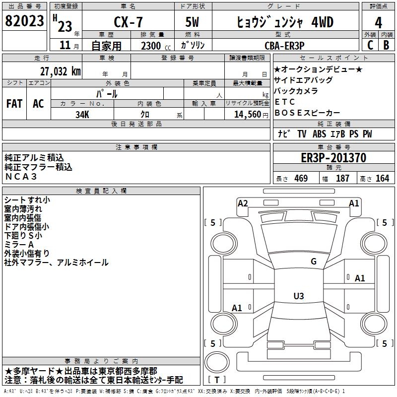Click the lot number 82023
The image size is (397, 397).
[x=24, y=21]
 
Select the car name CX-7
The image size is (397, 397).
[x=128, y=22]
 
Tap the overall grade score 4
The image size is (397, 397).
[x=378, y=23]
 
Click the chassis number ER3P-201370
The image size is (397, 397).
[x=333, y=158]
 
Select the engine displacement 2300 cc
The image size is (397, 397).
[x=151, y=46]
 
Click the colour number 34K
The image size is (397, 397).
[x=82, y=114]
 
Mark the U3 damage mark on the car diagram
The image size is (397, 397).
[x=298, y=296]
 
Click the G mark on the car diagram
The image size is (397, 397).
[x=313, y=262]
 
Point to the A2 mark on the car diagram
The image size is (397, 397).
[x=243, y=203]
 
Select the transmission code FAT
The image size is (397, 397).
[x=14, y=103]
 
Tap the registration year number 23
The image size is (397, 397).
[x=65, y=26]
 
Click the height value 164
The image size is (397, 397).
[x=382, y=179]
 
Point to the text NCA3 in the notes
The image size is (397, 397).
[x=21, y=176]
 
